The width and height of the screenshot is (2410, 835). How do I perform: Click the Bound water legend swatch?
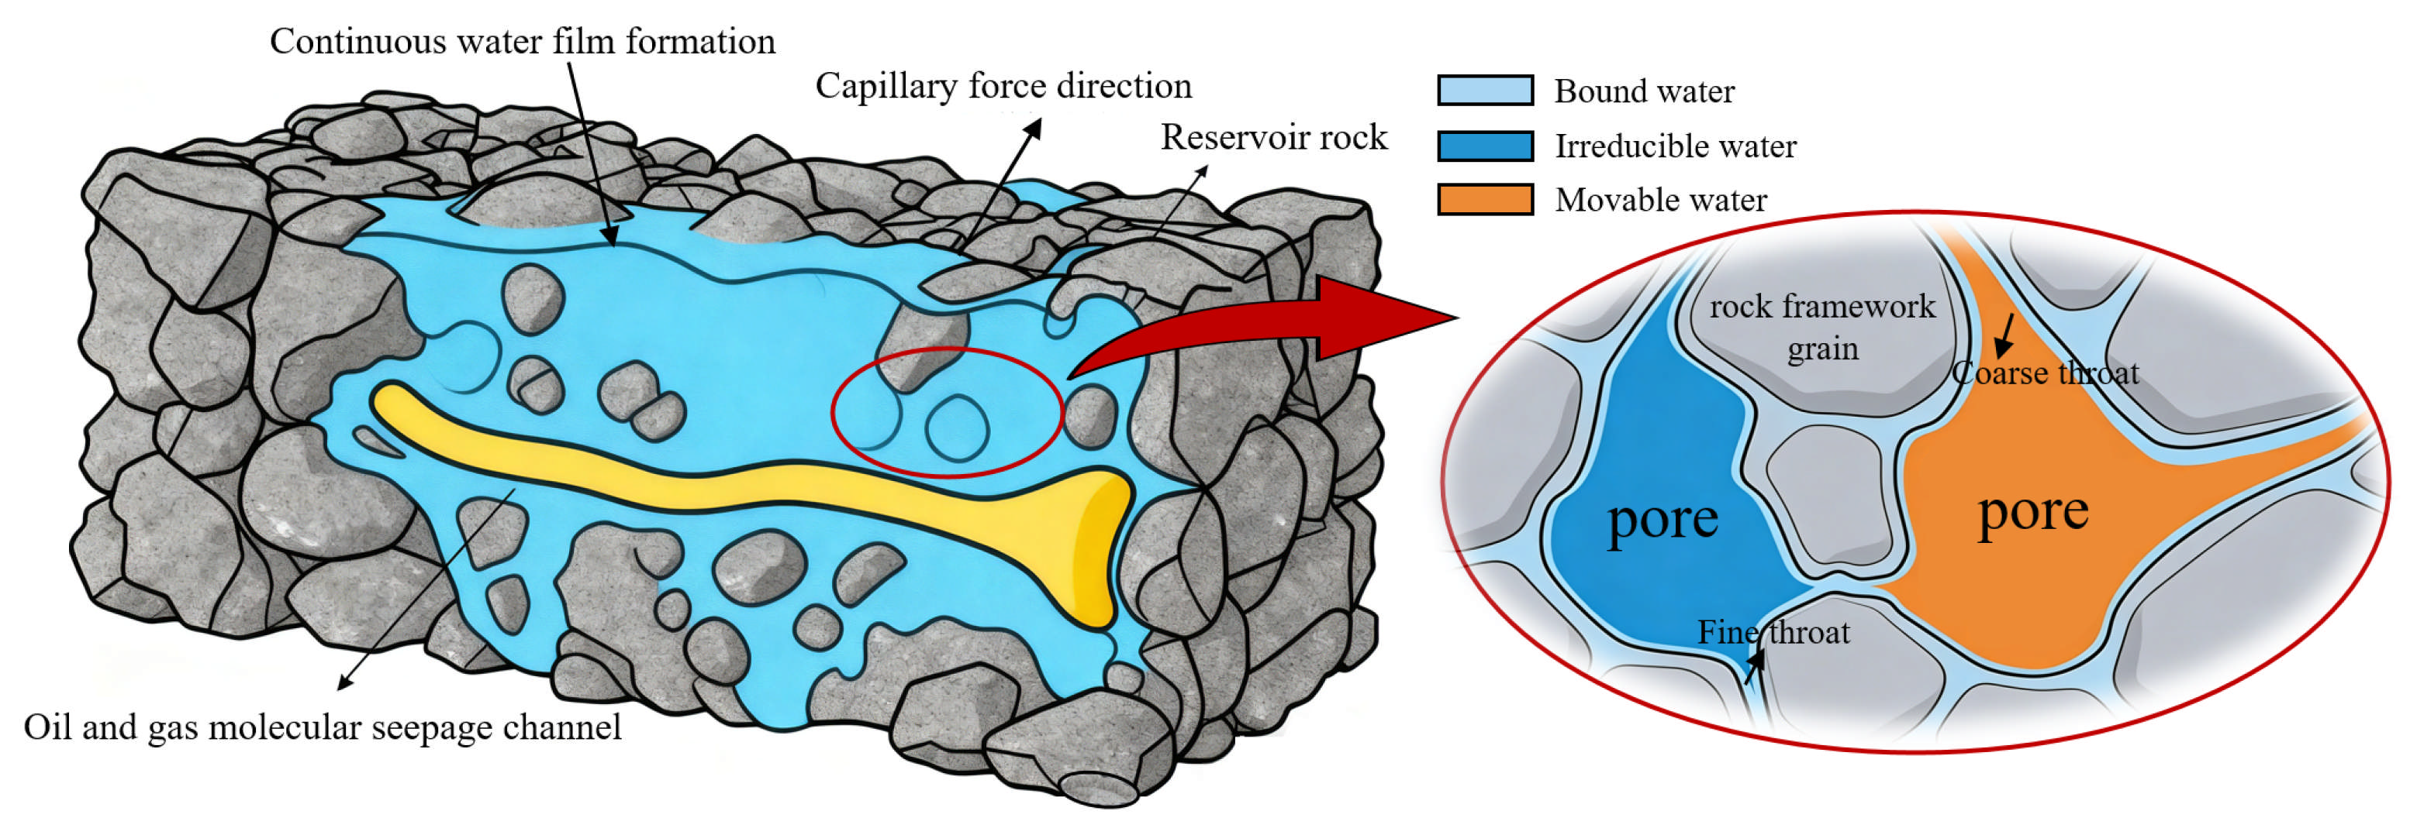click(x=1485, y=91)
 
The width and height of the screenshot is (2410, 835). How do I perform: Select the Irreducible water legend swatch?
click(x=1485, y=146)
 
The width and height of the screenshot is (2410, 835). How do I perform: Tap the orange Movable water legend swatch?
click(x=1485, y=200)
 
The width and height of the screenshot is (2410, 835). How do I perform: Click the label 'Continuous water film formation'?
click(x=522, y=42)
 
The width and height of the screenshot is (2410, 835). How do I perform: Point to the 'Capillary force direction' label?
click(x=1003, y=86)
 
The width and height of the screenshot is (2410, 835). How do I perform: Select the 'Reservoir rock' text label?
click(x=1273, y=137)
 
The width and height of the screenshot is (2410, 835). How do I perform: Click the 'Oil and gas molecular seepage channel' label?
click(x=322, y=727)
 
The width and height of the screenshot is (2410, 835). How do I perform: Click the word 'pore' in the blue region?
click(x=1662, y=519)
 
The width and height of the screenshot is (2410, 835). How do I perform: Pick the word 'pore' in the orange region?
click(x=2032, y=511)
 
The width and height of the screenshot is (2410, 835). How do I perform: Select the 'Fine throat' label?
click(x=1773, y=633)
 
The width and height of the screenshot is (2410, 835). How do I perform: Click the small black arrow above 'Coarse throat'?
click(x=2004, y=337)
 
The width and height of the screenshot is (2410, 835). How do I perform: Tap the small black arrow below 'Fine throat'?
click(x=1754, y=667)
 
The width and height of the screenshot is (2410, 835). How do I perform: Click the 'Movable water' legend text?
click(x=1661, y=200)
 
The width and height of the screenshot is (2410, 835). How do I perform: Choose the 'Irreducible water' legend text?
click(x=1675, y=146)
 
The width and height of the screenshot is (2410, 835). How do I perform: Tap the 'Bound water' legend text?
click(x=1644, y=91)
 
